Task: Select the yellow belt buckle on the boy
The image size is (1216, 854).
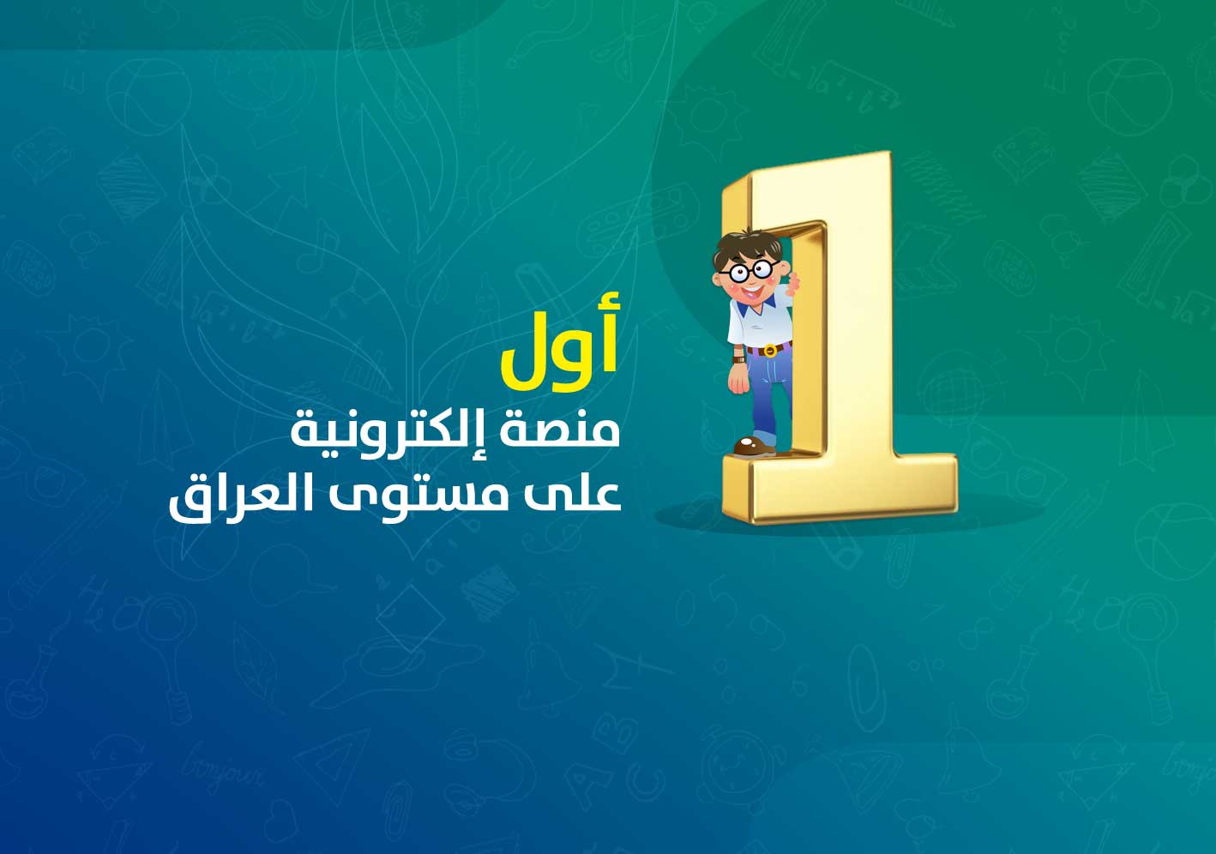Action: pyautogui.click(x=769, y=350)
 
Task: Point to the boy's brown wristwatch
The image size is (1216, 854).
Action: pyautogui.click(x=739, y=359)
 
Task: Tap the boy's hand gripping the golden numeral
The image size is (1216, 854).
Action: pyautogui.click(x=793, y=282)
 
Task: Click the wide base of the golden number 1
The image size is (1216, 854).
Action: pyautogui.click(x=840, y=489)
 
